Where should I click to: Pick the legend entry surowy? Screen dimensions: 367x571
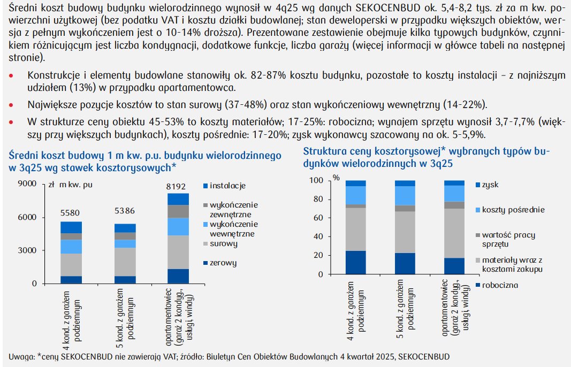[224, 244]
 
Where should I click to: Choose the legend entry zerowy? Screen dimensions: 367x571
[223, 263]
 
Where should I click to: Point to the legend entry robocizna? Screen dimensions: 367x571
[500, 285]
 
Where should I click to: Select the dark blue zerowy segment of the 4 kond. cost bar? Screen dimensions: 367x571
[71, 279]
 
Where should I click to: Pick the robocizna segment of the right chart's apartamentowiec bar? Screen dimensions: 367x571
[454, 266]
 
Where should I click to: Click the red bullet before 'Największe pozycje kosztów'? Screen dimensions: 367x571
[11, 104]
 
